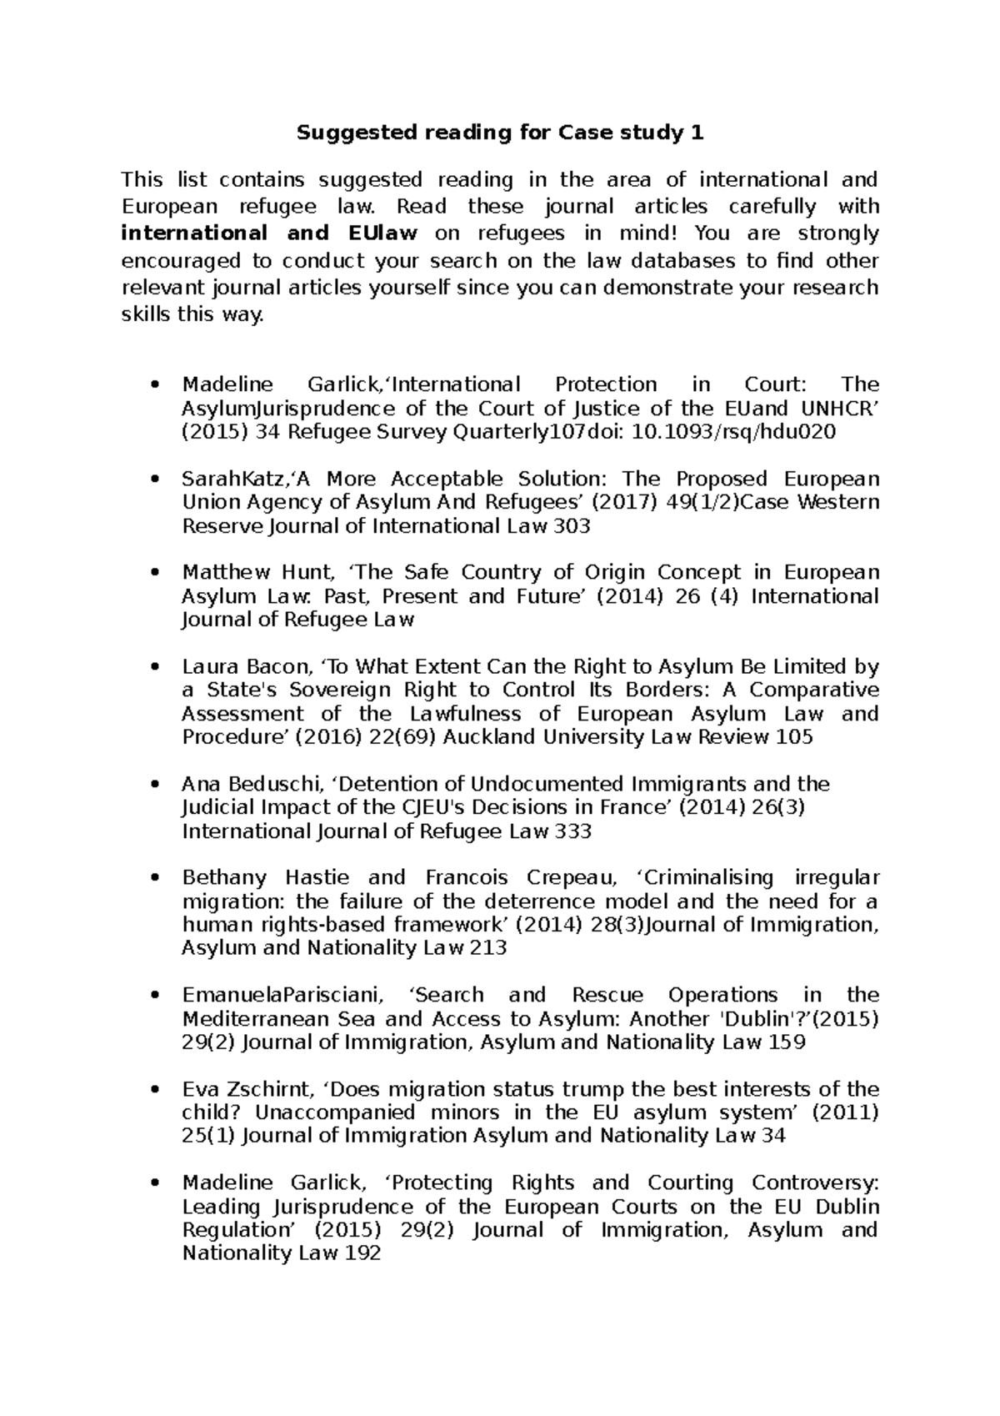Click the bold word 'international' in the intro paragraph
194,233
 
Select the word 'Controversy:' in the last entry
815,1183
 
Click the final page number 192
362,1253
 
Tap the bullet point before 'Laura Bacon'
152,668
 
